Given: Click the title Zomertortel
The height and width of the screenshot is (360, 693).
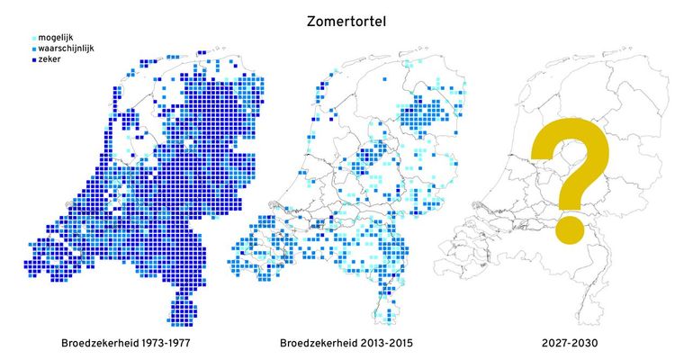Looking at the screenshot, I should coord(346,20).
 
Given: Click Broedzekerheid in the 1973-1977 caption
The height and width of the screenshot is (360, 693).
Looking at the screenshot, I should coord(98,344).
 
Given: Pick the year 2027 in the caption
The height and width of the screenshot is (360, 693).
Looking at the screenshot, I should coord(551,344).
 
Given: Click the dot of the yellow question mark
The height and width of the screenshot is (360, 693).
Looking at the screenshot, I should coord(567,229).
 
